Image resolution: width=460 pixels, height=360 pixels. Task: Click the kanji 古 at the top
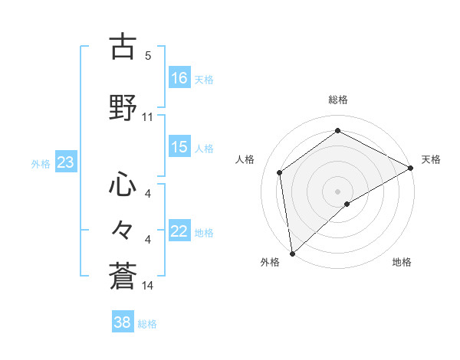(123, 47)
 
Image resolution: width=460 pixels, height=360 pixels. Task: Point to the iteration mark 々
(123, 228)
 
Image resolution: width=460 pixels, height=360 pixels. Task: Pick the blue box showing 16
(179, 78)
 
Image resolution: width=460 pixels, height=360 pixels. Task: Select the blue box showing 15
(179, 148)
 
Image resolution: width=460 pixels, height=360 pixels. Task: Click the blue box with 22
(179, 232)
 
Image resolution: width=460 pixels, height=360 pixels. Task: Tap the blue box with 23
(65, 162)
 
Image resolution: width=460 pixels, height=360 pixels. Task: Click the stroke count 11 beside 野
(148, 117)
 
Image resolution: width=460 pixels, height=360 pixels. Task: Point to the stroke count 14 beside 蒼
(148, 285)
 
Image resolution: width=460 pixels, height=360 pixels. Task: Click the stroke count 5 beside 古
(148, 55)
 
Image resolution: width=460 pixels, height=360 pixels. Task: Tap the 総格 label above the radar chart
(337, 100)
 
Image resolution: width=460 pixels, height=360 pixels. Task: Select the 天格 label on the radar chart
(431, 159)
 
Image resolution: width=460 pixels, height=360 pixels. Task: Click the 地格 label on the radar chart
(402, 262)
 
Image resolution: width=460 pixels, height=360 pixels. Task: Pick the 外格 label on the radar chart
(270, 262)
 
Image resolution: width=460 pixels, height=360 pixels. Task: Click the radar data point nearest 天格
(411, 168)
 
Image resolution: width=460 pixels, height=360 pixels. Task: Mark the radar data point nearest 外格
(291, 254)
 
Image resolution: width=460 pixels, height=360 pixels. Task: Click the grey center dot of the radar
(337, 191)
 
